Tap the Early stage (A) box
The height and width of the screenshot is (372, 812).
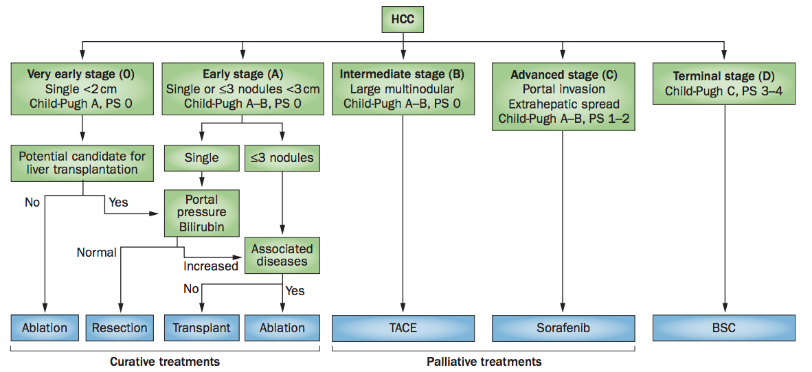pyautogui.click(x=243, y=89)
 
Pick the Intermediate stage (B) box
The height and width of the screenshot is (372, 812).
pyautogui.click(x=403, y=89)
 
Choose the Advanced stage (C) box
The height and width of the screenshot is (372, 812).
pyautogui.click(x=563, y=97)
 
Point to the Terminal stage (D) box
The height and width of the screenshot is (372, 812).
pyautogui.click(x=723, y=83)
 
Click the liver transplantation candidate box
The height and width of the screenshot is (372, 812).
pyautogui.click(x=82, y=163)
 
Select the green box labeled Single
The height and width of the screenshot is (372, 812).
pyautogui.click(x=201, y=157)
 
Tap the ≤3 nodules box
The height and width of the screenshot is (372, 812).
pyautogui.click(x=282, y=157)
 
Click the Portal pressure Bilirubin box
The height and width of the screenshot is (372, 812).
pyautogui.click(x=202, y=213)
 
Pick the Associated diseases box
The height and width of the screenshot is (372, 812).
pyautogui.click(x=282, y=255)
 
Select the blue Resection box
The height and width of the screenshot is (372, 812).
pyautogui.click(x=120, y=327)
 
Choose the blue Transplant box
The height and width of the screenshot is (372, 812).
pyautogui.click(x=201, y=327)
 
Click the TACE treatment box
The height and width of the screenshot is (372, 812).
pyautogui.click(x=403, y=327)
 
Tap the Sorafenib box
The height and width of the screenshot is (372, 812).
pyautogui.click(x=563, y=327)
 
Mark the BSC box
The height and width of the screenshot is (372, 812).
pyautogui.click(x=724, y=327)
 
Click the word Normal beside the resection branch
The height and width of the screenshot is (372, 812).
pyautogui.click(x=96, y=253)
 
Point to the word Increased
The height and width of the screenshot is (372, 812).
pyautogui.click(x=211, y=266)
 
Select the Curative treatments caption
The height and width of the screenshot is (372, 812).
pyautogui.click(x=165, y=361)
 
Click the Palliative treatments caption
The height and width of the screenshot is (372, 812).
pyautogui.click(x=484, y=361)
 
